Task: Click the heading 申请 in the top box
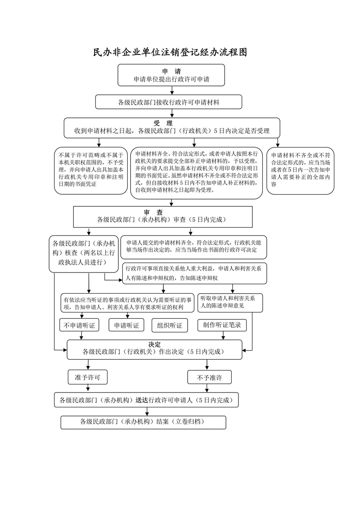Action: (x=171, y=71)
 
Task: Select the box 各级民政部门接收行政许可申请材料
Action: (x=169, y=102)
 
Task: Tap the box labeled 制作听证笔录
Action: (x=222, y=325)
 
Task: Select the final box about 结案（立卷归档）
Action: (x=143, y=422)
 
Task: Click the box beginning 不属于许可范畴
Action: (x=90, y=171)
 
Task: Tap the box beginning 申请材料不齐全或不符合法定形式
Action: (x=300, y=171)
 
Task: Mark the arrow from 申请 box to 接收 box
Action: (x=171, y=90)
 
